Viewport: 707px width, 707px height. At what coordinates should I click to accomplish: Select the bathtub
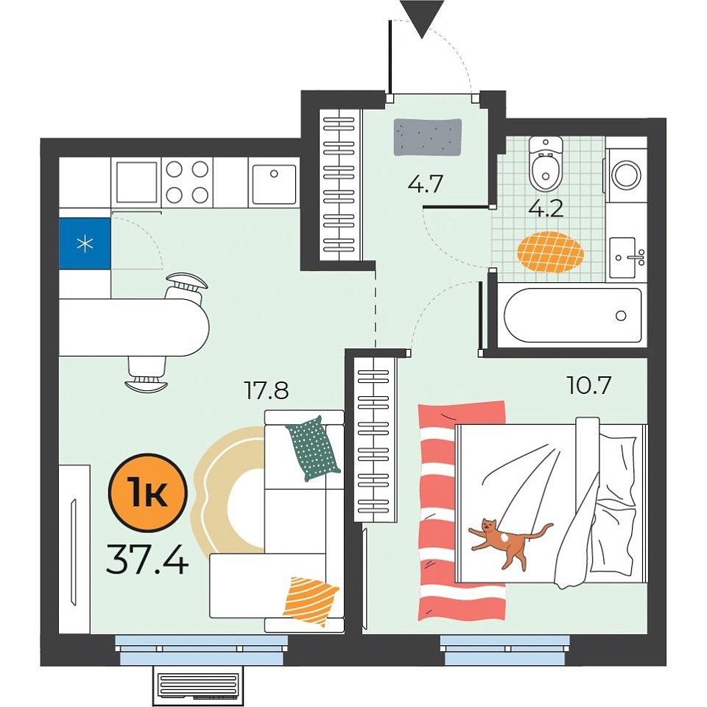pyautogui.click(x=573, y=315)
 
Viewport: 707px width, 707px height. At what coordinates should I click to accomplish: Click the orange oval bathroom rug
pyautogui.click(x=550, y=252)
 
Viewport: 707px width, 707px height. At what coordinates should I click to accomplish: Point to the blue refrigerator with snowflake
pyautogui.click(x=85, y=244)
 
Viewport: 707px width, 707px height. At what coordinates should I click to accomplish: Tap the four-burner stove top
pyautogui.click(x=187, y=182)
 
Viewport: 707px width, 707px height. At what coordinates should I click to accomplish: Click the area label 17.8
pyautogui.click(x=266, y=390)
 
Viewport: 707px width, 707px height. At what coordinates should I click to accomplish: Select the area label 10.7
pyautogui.click(x=589, y=385)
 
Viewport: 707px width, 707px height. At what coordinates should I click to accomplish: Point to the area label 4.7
pyautogui.click(x=426, y=183)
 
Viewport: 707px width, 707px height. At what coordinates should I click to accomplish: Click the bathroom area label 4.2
pyautogui.click(x=546, y=208)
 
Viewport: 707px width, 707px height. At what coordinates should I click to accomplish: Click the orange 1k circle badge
pyautogui.click(x=147, y=492)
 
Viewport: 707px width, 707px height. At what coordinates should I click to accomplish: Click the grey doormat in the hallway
pyautogui.click(x=428, y=137)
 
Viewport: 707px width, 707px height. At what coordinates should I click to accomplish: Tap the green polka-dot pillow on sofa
pyautogui.click(x=313, y=449)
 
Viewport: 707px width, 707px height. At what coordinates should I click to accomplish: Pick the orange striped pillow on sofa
pyautogui.click(x=310, y=602)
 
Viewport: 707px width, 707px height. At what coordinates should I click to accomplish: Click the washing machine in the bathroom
pyautogui.click(x=626, y=174)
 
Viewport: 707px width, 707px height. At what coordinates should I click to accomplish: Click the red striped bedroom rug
pyautogui.click(x=462, y=510)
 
